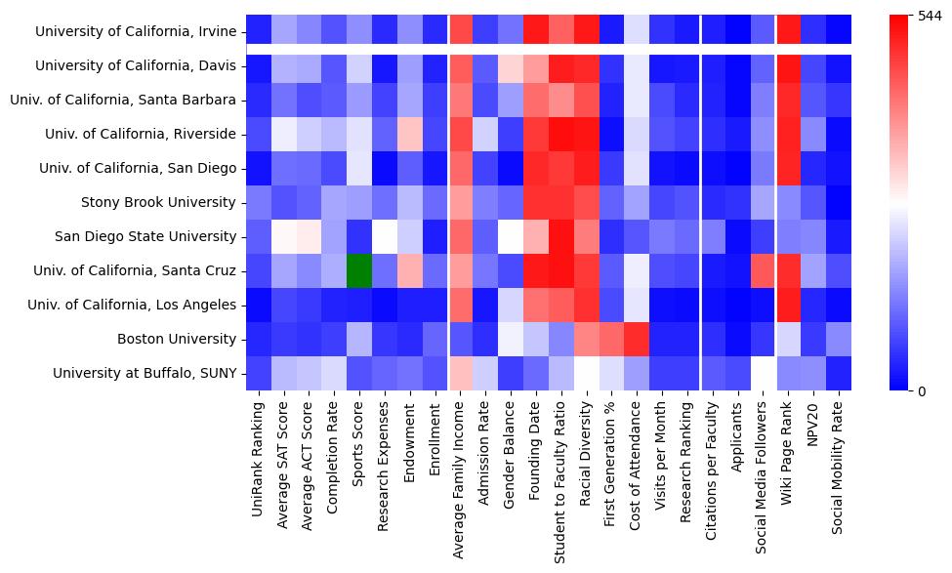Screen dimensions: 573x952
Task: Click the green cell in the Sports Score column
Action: [x=359, y=270]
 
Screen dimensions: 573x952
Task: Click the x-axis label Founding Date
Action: [x=535, y=444]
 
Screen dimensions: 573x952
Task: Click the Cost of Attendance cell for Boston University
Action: [x=636, y=339]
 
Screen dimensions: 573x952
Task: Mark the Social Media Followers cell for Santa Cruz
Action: [x=763, y=270]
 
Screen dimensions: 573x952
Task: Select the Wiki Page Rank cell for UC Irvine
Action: [x=788, y=30]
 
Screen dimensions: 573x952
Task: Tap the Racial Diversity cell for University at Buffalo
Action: [x=586, y=373]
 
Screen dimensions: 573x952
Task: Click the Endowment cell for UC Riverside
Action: [x=410, y=134]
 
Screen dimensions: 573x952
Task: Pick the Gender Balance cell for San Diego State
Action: [x=511, y=236]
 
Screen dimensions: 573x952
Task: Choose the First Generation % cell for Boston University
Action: [x=611, y=339]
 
